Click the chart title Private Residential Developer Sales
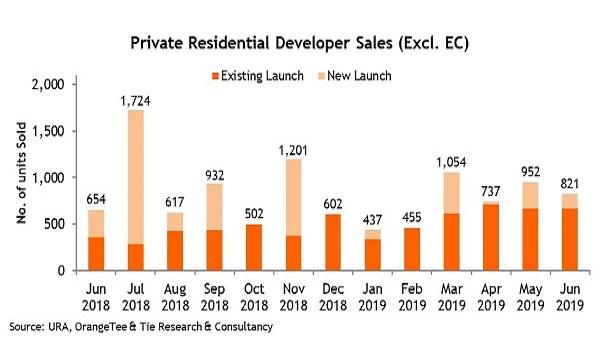(299, 45)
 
